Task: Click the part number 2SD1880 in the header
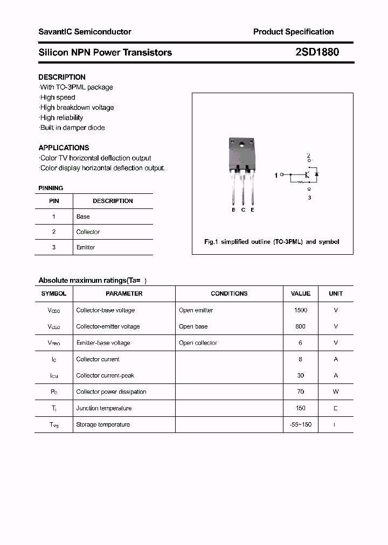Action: tap(317, 52)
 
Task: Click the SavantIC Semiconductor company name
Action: tap(85, 32)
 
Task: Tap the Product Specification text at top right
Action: tap(293, 32)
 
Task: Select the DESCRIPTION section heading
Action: tap(62, 77)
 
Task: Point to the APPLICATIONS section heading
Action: tap(64, 148)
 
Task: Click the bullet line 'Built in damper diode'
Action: tap(72, 128)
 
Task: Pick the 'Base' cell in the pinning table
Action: tap(83, 216)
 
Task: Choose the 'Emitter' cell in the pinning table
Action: tap(86, 247)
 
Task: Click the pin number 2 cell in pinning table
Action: tap(54, 232)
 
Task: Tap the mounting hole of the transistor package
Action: tap(242, 144)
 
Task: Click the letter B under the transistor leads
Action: tap(233, 209)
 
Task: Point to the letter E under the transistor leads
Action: tap(252, 209)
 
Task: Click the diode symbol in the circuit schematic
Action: tap(317, 174)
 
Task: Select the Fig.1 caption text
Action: tap(272, 242)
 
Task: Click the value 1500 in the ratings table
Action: tap(300, 310)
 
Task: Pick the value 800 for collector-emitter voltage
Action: tap(300, 326)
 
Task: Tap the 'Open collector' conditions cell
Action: tap(198, 343)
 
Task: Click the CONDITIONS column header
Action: tap(229, 294)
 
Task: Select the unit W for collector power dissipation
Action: tap(336, 392)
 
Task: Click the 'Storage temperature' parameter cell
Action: tap(103, 424)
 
